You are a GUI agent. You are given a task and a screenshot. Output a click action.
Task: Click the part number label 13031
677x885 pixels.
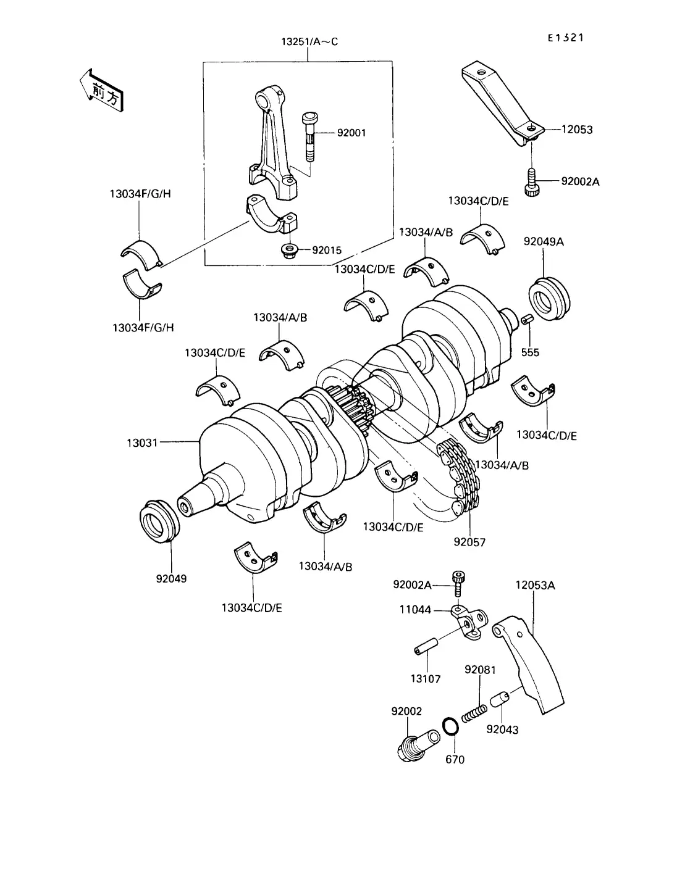tap(142, 442)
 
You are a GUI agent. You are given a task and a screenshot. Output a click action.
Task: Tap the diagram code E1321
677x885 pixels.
tap(565, 38)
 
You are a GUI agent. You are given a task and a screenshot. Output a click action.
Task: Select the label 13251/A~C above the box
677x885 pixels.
tap(309, 41)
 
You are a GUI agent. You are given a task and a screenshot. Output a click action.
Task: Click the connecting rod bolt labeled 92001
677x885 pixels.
tap(310, 136)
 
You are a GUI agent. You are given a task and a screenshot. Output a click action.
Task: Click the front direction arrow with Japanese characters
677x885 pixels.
tap(101, 90)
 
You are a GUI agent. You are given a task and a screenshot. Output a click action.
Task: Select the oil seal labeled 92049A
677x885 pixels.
tap(549, 298)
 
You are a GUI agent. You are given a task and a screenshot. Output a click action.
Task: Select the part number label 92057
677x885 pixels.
tap(469, 542)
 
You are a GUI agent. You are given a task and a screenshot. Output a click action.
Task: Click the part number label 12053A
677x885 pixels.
tap(535, 585)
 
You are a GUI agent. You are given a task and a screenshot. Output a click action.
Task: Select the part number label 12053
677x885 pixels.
tap(577, 130)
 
